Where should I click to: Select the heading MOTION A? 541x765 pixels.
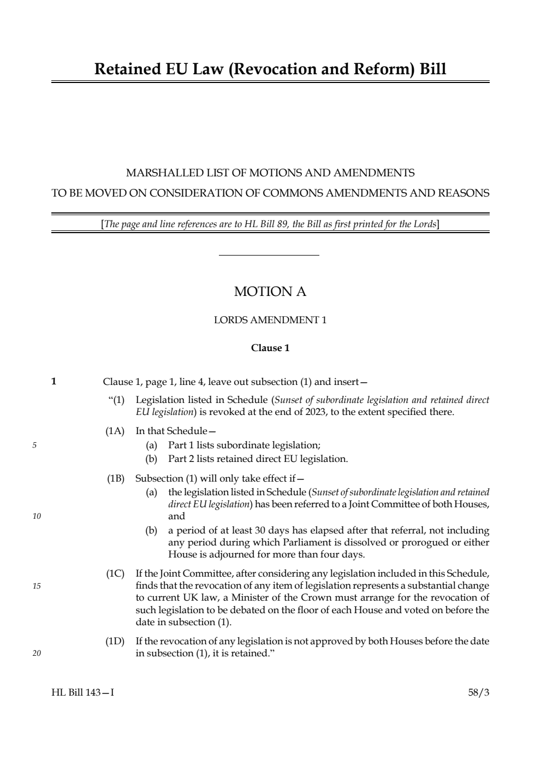270,292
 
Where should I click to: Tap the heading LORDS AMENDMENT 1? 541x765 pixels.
270,320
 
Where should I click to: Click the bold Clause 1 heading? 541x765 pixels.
270,348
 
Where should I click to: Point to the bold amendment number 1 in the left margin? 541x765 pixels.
54,381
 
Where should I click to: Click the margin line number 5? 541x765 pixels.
34,445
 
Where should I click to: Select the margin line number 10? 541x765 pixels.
37,516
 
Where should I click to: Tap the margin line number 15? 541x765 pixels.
37,586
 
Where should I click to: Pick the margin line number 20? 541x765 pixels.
37,653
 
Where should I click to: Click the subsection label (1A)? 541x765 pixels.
115,431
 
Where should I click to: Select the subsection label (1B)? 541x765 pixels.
115,479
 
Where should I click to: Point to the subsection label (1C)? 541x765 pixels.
115,573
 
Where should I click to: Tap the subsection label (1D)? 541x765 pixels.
115,641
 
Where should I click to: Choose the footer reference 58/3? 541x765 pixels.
479,692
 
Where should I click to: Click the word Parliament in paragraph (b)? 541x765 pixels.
308,542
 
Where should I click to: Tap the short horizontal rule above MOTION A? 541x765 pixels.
269,255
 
